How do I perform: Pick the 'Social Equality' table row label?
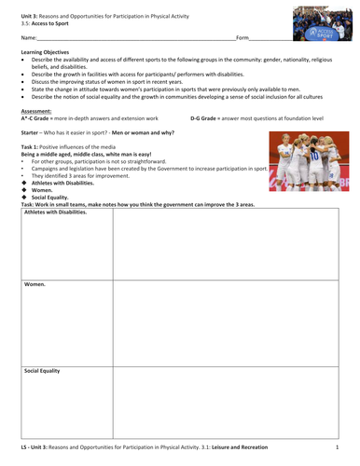click(x=42, y=371)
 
